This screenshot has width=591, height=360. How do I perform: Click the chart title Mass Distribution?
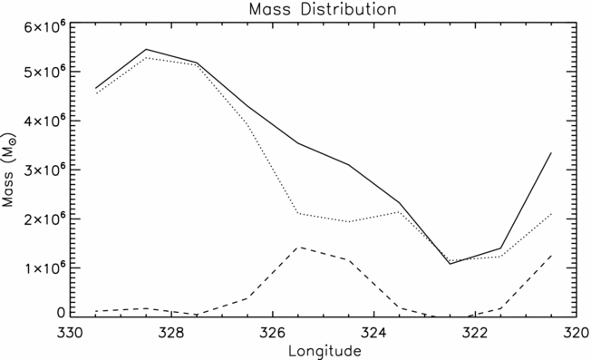(295, 9)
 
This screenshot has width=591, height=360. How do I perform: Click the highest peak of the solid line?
(147, 50)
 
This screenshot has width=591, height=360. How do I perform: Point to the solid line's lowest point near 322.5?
(450, 263)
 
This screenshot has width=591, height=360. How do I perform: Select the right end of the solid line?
(551, 153)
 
